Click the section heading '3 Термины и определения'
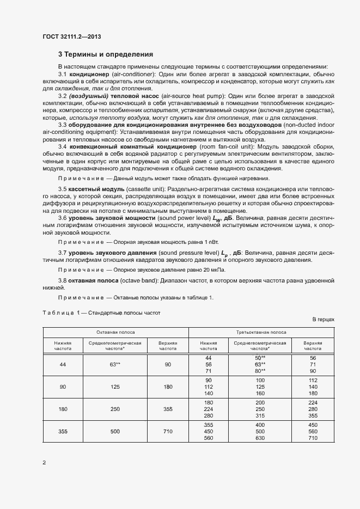click(x=106, y=54)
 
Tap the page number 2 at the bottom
click(x=44, y=463)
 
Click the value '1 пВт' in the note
click(x=210, y=241)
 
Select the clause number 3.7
click(x=63, y=254)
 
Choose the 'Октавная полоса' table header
click(x=115, y=332)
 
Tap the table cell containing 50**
click(x=260, y=358)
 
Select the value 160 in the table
click(x=260, y=393)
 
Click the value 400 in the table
click(x=260, y=424)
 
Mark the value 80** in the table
click(x=260, y=371)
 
